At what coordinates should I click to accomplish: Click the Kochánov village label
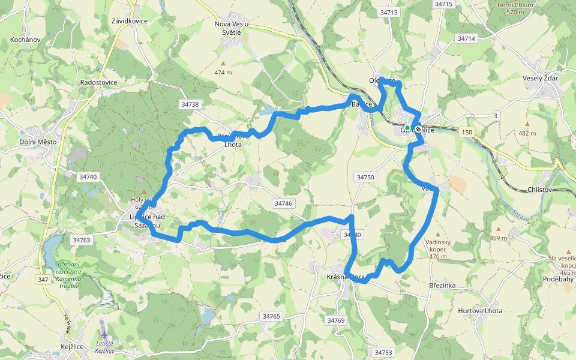pos(25,40)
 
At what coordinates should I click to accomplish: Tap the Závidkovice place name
pos(129,21)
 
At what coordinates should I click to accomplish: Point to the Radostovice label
pos(98,82)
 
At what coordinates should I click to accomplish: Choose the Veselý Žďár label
pos(540,79)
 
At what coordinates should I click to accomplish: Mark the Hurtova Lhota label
pos(480,311)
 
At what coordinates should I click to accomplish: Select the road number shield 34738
pos(190,104)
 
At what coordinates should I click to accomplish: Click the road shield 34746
pos(283,203)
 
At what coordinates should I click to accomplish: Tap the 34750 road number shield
pos(365,177)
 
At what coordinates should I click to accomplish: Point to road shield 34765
pos(271,316)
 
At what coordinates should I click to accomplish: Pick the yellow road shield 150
pos(467,131)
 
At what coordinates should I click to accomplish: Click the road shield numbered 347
pos(43,280)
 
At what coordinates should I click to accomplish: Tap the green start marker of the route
pos(407,128)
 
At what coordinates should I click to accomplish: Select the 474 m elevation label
pos(223,73)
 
